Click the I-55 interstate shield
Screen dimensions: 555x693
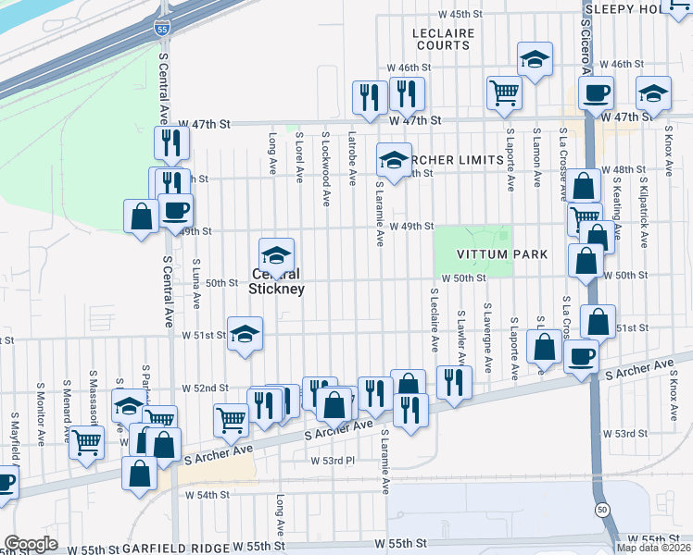(161, 30)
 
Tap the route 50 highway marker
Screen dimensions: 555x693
(602, 511)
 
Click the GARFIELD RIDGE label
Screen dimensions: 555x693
(177, 548)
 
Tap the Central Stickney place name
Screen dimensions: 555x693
(276, 281)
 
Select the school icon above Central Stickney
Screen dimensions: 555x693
(276, 254)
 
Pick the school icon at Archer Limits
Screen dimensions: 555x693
(394, 160)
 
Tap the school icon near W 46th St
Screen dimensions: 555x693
(535, 59)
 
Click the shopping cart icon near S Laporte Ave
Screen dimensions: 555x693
(504, 92)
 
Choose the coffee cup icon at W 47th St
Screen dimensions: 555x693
(596, 92)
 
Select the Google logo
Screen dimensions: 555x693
(31, 543)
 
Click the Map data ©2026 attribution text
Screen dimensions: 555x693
(652, 548)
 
